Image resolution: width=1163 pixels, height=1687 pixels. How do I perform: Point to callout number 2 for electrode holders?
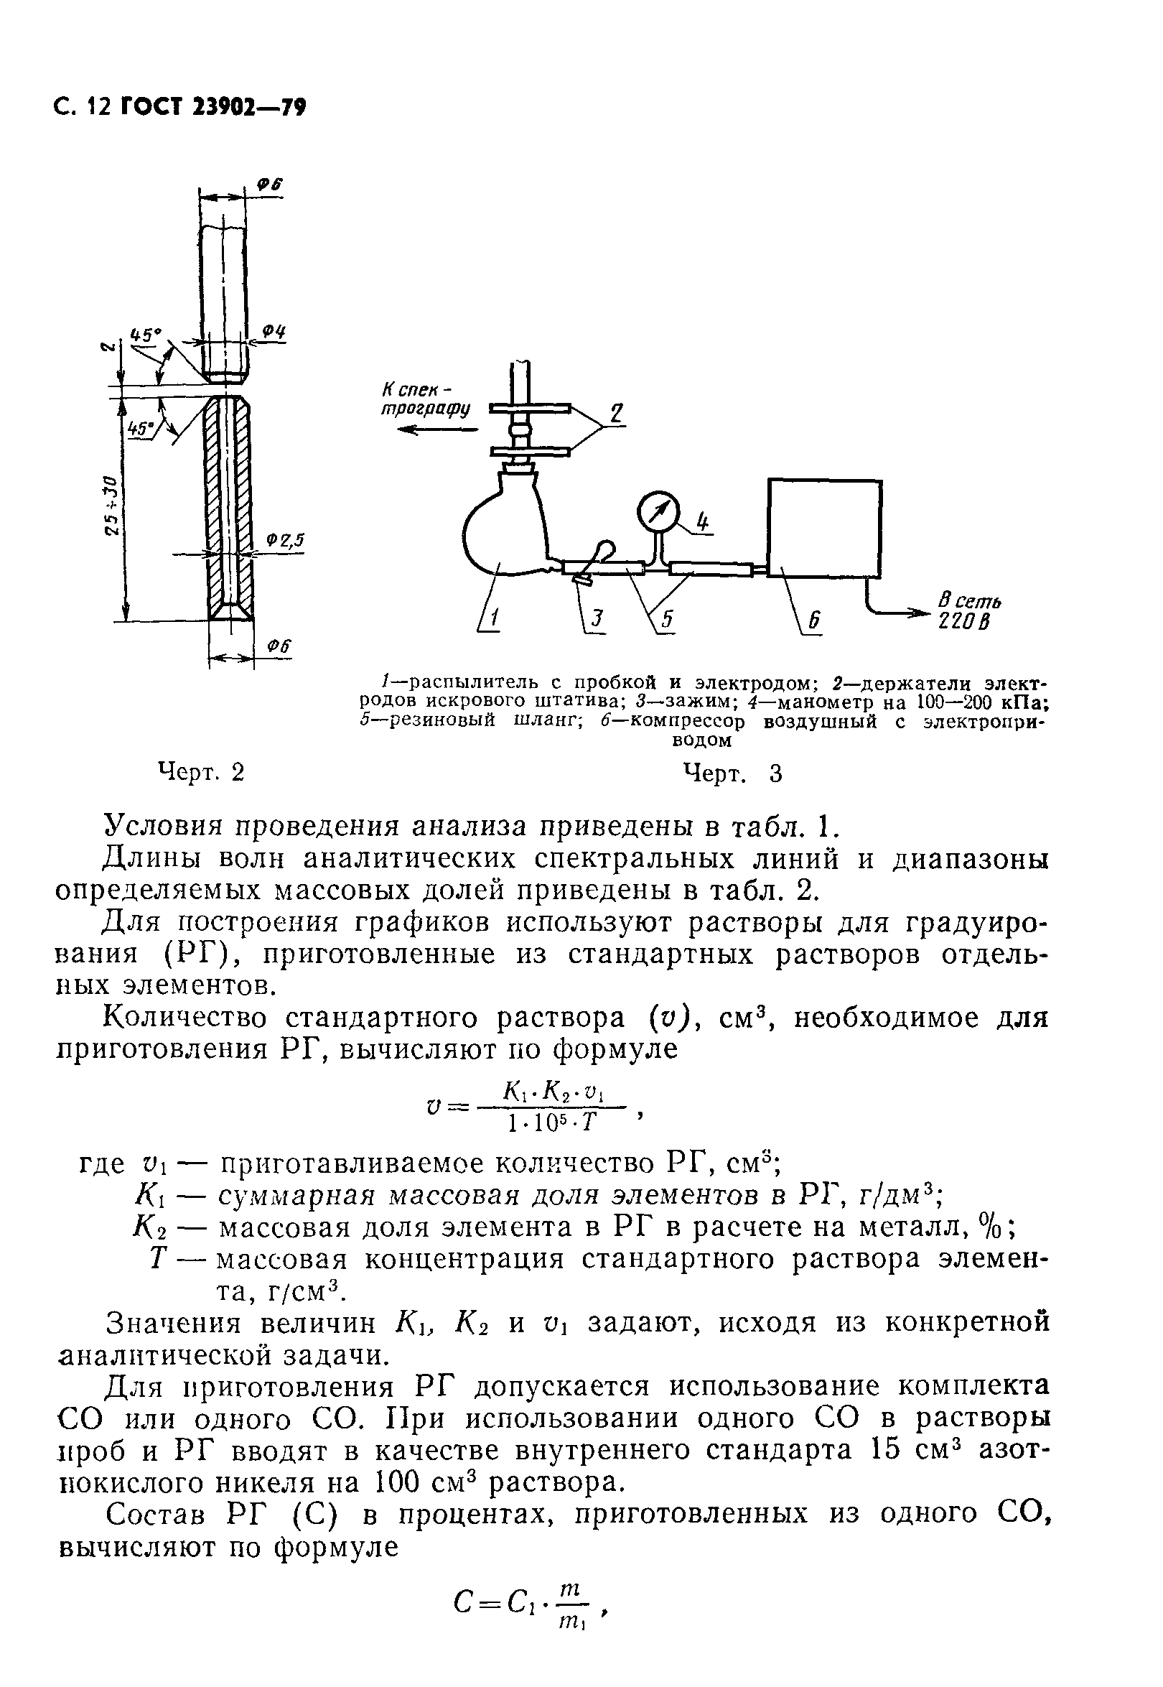click(x=616, y=414)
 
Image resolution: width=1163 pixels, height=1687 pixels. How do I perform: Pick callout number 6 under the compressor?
click(x=815, y=621)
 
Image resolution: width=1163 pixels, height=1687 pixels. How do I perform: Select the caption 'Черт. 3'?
click(x=732, y=773)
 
